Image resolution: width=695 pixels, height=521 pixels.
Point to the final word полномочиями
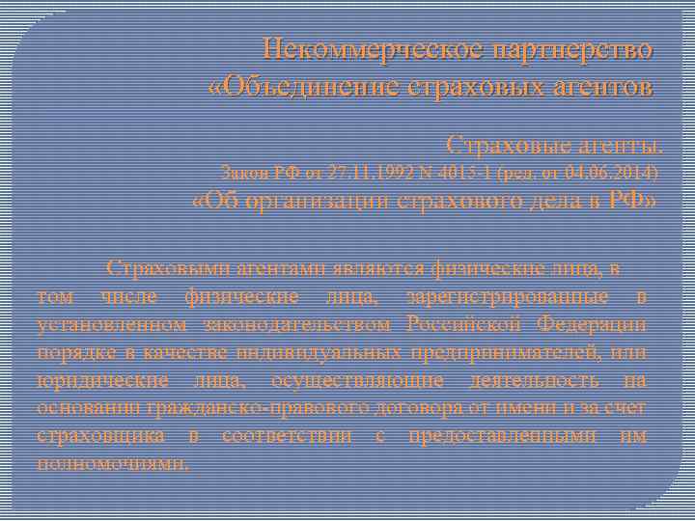pos(115,463)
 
